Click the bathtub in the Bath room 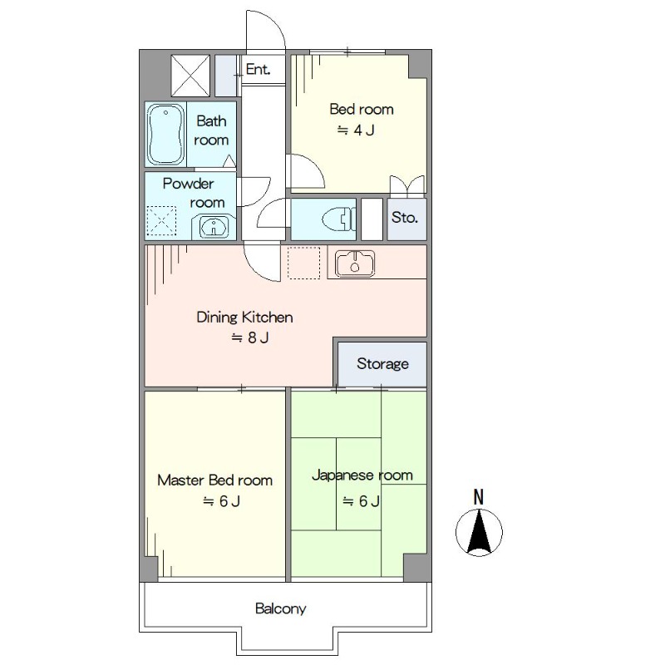(x=165, y=134)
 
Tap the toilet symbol (x=338, y=219)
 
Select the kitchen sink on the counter (x=355, y=264)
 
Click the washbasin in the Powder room (x=214, y=227)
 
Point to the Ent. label (x=258, y=69)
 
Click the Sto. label (x=405, y=218)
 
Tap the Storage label (x=382, y=364)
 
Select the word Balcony (x=281, y=609)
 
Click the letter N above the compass (x=479, y=496)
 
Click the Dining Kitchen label (x=244, y=318)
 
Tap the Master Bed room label (x=214, y=480)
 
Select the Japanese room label (x=362, y=475)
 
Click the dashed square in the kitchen (x=303, y=263)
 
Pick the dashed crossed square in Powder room (x=161, y=220)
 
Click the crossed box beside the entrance (x=190, y=75)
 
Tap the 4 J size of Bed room (x=356, y=131)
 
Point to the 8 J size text (x=250, y=337)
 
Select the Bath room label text (x=211, y=131)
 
